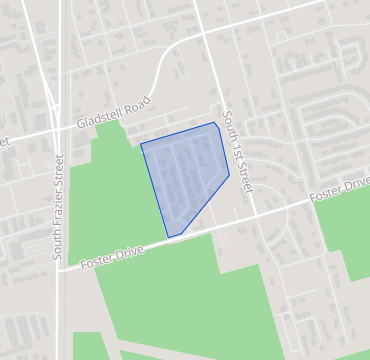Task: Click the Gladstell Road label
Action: click(113, 113)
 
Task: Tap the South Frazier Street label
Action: click(58, 207)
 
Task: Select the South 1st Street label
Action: click(238, 151)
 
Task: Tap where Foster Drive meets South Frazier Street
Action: click(58, 269)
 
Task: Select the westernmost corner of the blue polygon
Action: click(141, 144)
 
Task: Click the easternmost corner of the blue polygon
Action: click(229, 176)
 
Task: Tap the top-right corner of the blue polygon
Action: click(215, 123)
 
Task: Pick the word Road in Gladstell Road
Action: click(137, 104)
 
